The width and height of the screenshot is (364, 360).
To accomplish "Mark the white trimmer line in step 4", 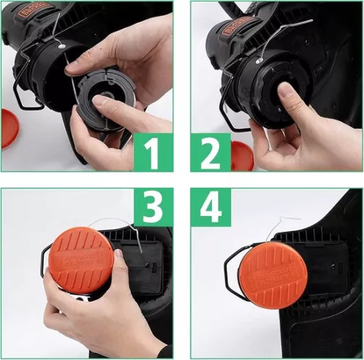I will coord(288,218).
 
